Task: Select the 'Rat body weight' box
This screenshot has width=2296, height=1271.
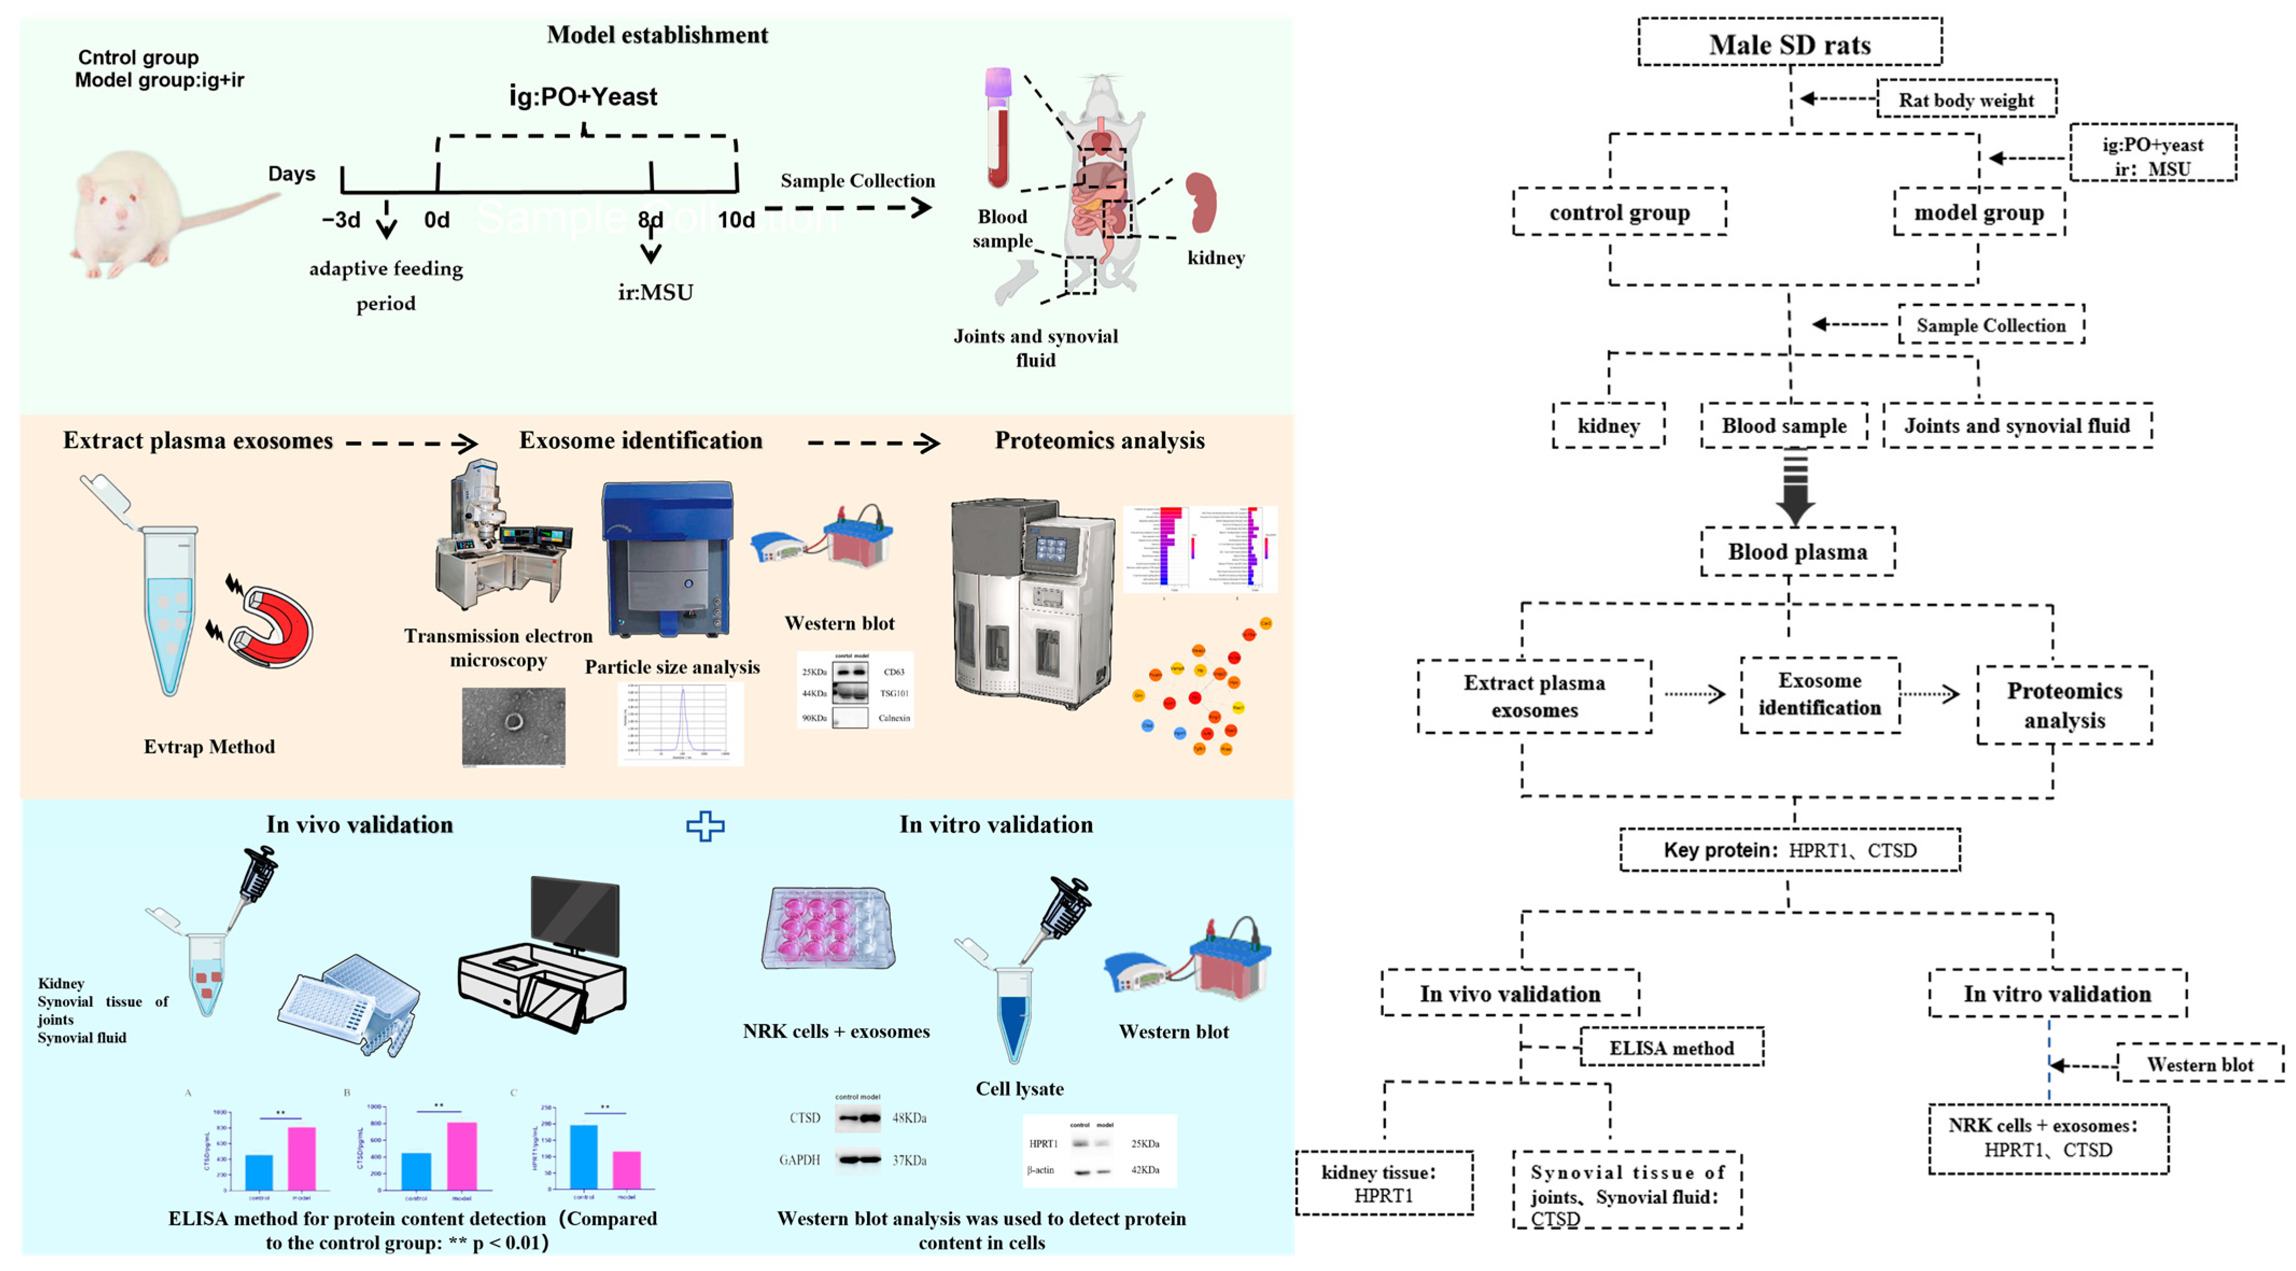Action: click(x=1966, y=100)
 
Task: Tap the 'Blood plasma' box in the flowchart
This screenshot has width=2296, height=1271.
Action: click(x=1797, y=552)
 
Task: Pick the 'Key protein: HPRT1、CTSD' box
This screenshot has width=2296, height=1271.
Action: click(x=1789, y=851)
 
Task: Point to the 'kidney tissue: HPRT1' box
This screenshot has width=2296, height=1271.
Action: click(x=1383, y=1184)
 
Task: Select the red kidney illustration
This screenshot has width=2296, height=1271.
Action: click(x=1201, y=203)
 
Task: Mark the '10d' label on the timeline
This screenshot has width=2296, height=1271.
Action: click(x=736, y=220)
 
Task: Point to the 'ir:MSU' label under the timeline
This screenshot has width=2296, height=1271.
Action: click(x=655, y=292)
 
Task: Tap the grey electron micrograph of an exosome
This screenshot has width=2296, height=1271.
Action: click(x=513, y=726)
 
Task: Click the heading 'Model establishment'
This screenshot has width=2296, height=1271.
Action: click(x=657, y=35)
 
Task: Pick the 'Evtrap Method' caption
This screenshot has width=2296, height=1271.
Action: click(x=209, y=747)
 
